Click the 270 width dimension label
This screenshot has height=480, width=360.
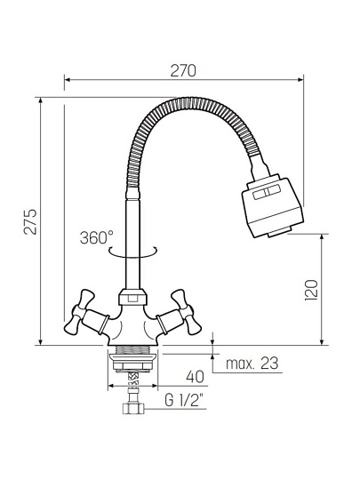click(x=183, y=71)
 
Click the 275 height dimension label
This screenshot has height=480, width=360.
click(x=30, y=222)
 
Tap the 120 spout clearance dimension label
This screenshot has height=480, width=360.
click(x=312, y=290)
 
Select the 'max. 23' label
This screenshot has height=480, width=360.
click(x=252, y=364)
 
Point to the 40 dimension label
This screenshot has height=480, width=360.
click(x=195, y=377)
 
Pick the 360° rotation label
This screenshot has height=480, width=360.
click(x=97, y=237)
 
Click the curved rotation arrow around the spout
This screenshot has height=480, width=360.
click(x=133, y=252)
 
